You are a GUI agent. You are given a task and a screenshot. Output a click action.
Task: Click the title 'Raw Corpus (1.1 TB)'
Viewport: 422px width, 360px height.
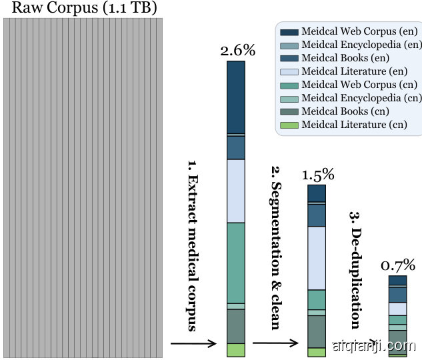(82, 9)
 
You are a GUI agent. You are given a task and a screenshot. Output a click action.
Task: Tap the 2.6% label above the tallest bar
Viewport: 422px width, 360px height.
(237, 51)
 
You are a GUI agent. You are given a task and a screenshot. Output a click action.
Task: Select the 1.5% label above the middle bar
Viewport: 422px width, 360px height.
(317, 175)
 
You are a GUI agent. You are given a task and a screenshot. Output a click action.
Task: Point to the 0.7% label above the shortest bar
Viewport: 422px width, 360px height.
(398, 265)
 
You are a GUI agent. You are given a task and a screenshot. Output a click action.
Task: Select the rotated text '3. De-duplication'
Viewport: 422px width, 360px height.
(355, 270)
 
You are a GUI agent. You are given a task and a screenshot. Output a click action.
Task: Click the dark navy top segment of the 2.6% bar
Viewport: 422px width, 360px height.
(236, 97)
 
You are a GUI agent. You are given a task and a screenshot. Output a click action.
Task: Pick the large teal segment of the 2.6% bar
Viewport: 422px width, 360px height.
(236, 263)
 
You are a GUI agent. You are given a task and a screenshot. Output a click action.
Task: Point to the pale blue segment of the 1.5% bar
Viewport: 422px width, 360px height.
(317, 258)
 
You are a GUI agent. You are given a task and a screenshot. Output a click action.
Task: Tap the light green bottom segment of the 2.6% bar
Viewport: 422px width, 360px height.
(236, 350)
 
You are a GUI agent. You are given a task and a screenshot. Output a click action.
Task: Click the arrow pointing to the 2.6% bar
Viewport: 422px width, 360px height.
(193, 343)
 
